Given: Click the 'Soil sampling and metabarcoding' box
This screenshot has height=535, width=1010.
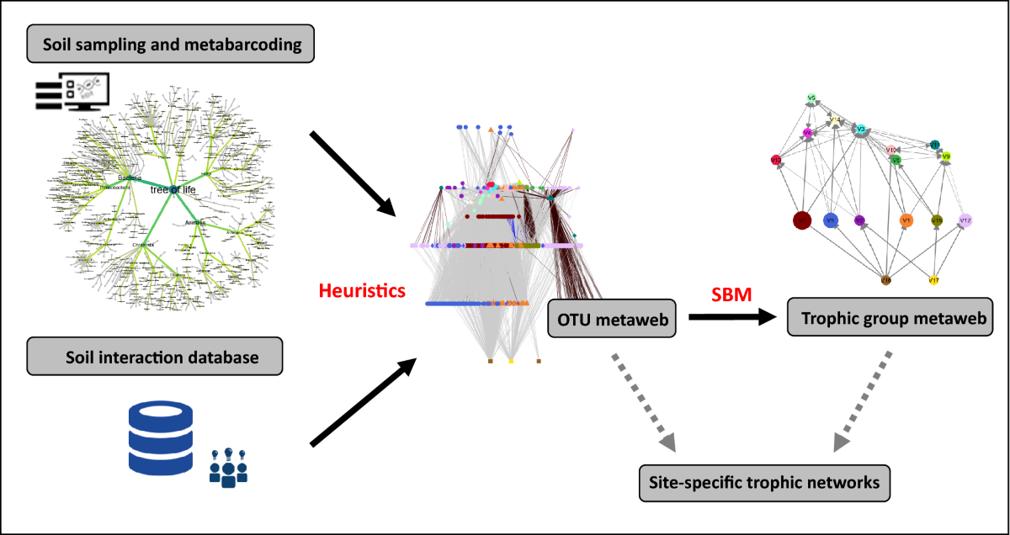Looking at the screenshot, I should (171, 45).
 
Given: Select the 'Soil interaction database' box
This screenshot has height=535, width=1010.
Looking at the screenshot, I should (154, 358).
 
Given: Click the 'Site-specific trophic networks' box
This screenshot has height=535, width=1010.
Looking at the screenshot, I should (764, 483).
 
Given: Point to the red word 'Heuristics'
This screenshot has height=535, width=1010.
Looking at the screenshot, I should (362, 292).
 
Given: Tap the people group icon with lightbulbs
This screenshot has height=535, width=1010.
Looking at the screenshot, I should (228, 468).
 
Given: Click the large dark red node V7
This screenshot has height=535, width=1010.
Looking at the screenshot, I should (803, 220).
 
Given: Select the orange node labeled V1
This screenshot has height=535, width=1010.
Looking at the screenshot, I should (906, 220).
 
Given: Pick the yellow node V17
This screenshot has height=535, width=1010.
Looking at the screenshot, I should (933, 280).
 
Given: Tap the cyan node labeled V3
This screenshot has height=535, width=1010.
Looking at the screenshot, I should (861, 129).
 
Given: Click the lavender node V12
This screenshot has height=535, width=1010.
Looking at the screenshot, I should (965, 220).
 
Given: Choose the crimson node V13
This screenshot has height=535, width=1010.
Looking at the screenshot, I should (776, 160).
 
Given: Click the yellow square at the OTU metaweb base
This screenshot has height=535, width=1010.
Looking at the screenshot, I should (511, 361).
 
